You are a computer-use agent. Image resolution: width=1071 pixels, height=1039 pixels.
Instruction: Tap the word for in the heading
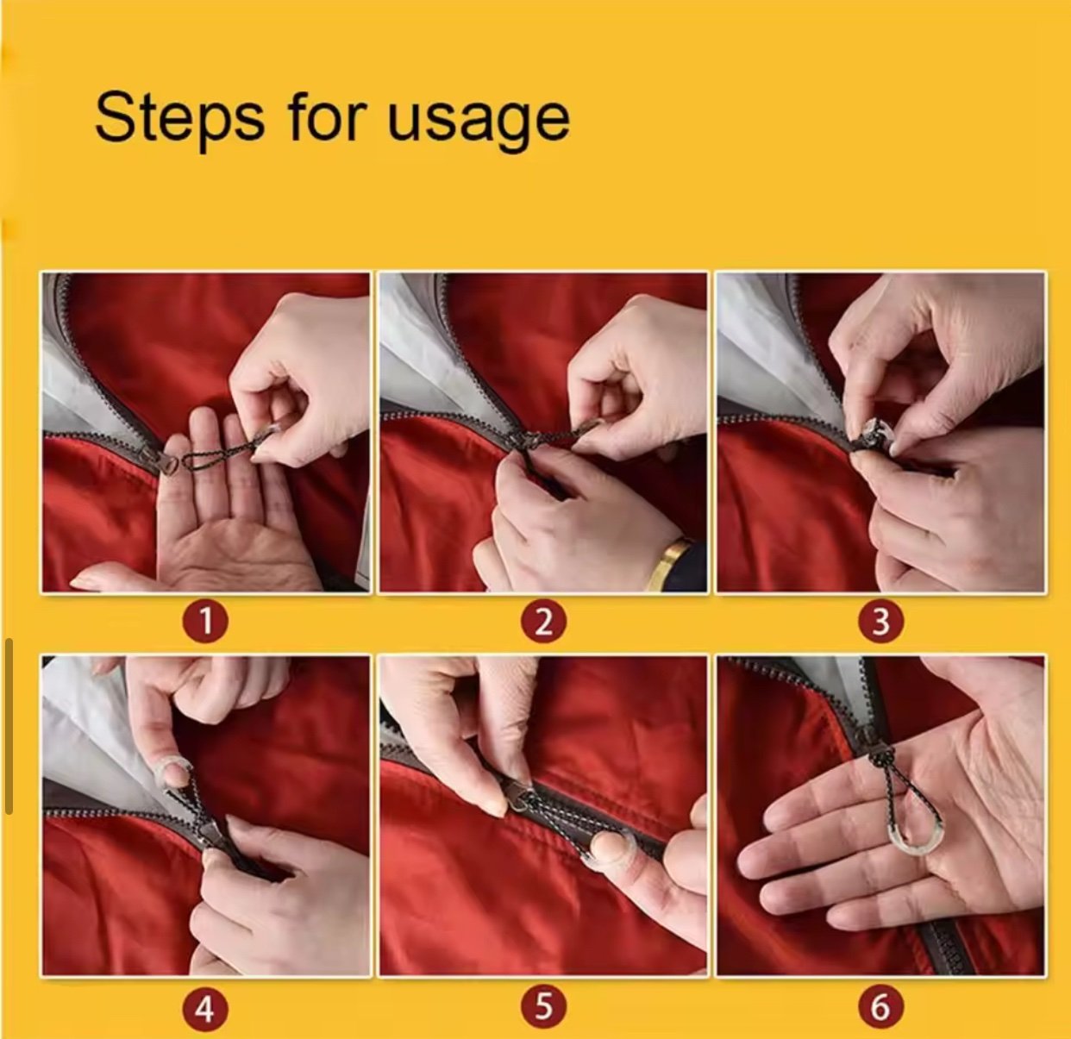[x=327, y=116]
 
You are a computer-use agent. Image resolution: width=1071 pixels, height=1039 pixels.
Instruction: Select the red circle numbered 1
[x=205, y=623]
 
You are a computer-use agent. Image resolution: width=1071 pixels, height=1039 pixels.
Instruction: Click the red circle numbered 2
[x=543, y=623]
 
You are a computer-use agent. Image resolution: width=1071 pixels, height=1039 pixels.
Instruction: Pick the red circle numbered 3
[x=880, y=623]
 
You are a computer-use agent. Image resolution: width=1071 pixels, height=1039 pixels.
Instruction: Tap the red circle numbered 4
[x=205, y=1008]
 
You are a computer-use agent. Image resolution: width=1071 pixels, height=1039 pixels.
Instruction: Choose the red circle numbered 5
[x=543, y=1008]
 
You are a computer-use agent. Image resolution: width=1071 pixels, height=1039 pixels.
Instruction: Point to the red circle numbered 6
[x=880, y=1008]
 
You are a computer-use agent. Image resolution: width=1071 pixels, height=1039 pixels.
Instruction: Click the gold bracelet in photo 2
[x=667, y=564]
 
